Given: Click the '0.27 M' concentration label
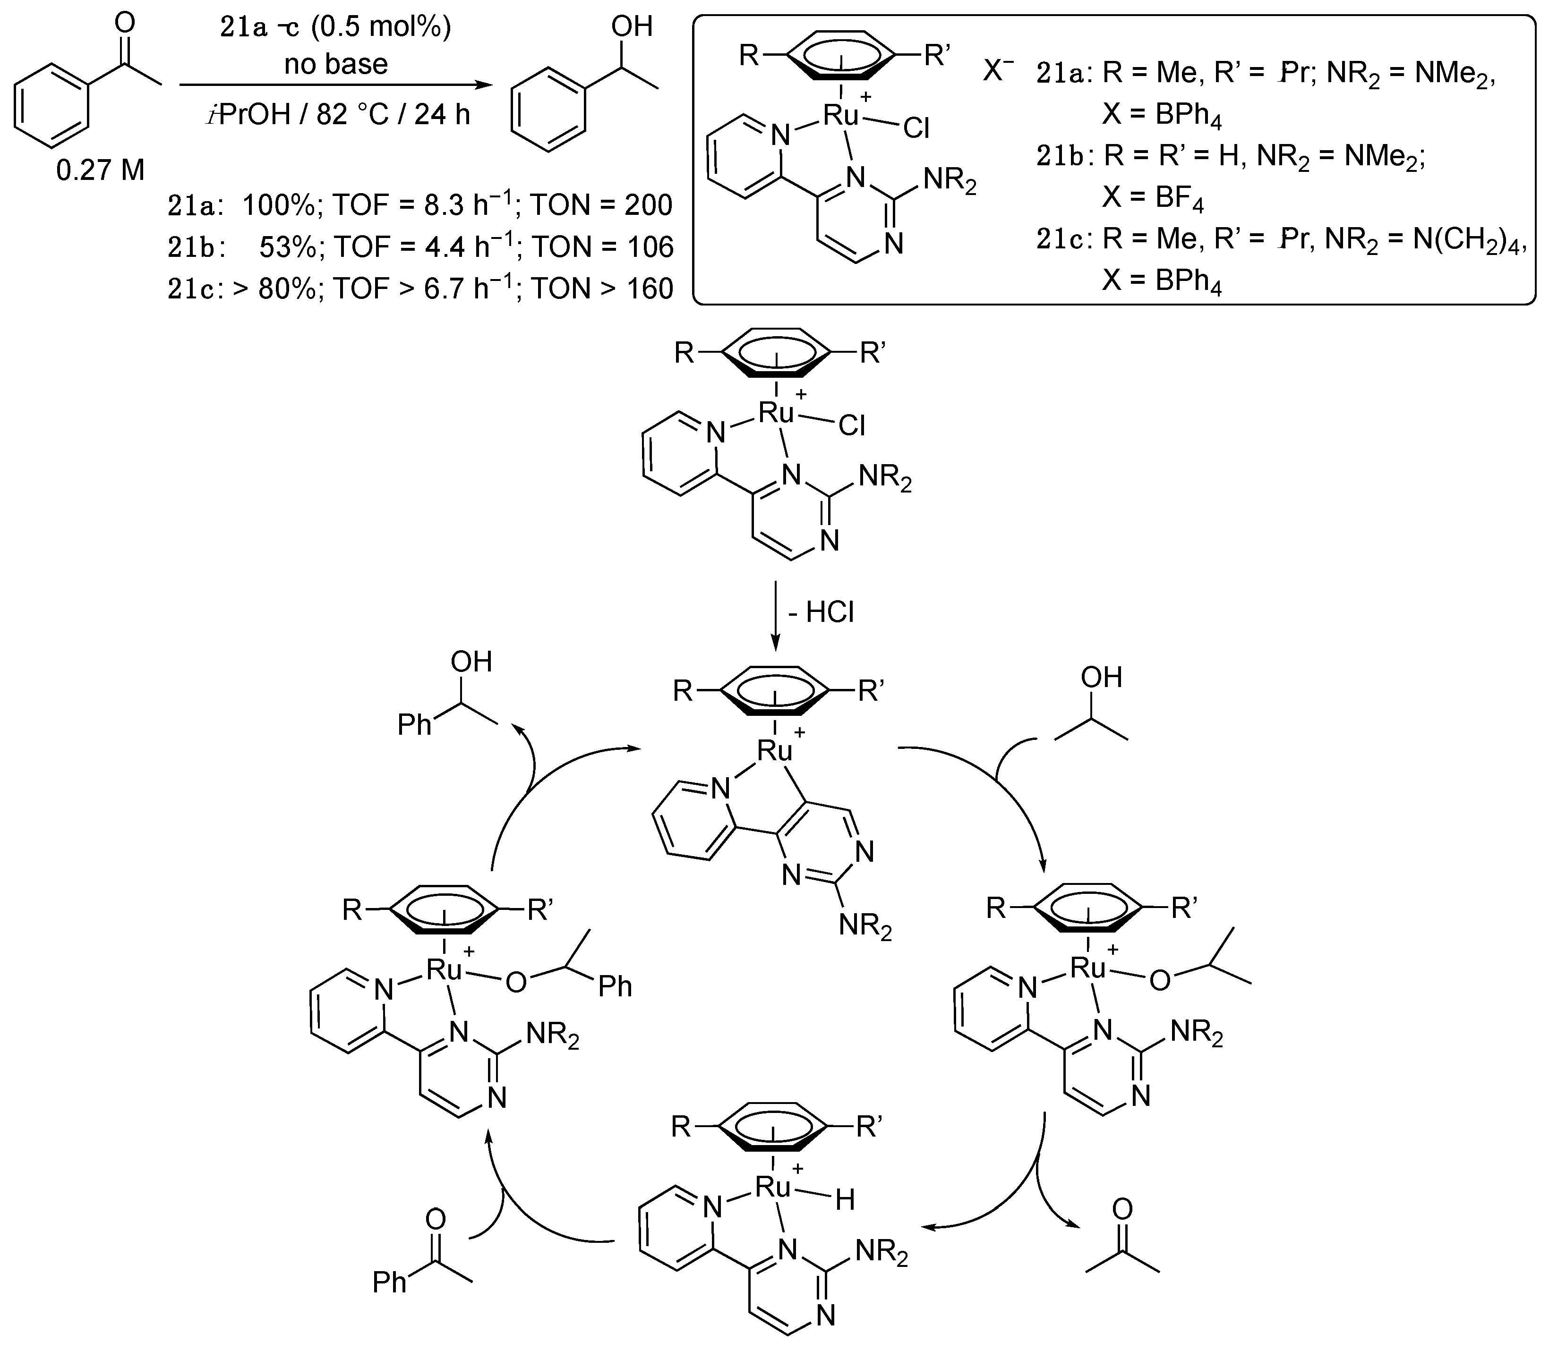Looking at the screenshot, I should tap(100, 171).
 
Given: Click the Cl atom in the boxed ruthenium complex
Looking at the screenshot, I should tap(916, 129).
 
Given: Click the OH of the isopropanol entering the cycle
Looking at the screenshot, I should tap(1101, 677).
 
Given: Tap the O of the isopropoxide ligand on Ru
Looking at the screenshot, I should tap(1160, 980).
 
